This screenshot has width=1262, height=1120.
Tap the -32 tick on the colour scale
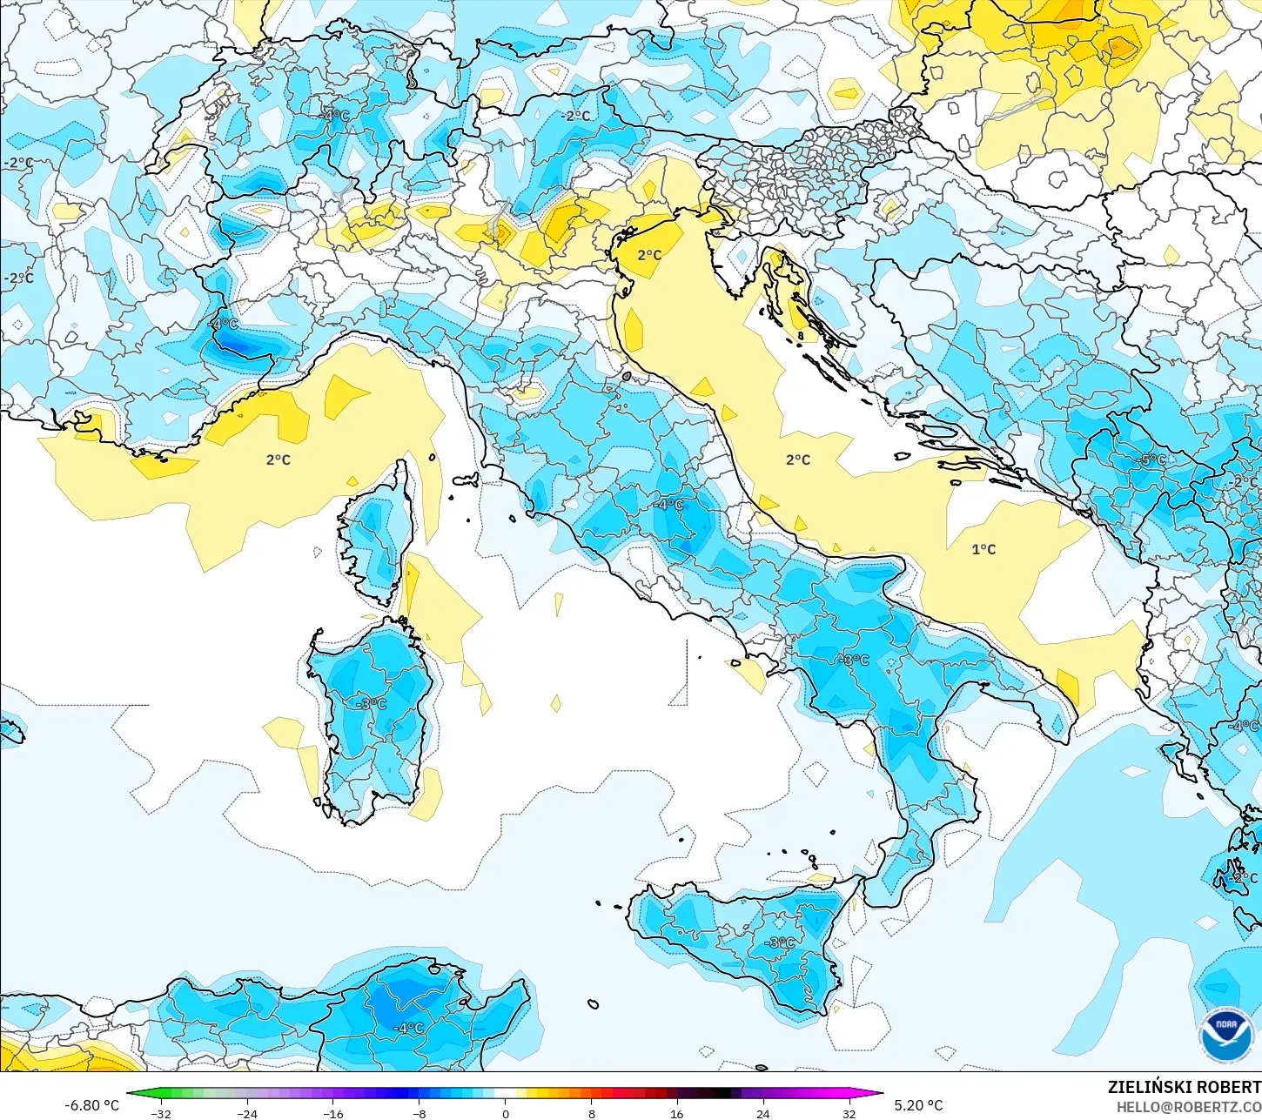coord(161,1113)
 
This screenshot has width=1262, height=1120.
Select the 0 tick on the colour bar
coord(505,1113)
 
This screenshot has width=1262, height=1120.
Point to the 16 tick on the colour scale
coord(676,1113)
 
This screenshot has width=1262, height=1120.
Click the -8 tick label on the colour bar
coord(420,1113)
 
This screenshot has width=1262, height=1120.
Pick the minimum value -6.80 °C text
coord(91,1105)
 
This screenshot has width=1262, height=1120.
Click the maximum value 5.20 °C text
coord(918,1105)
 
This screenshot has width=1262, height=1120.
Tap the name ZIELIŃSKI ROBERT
coord(1184,1087)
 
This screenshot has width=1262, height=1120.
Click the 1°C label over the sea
coord(983,549)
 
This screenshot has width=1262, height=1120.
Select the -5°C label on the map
coord(1152,459)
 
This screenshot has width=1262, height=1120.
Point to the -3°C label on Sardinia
coord(372,703)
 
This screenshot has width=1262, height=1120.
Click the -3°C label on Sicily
coord(780,942)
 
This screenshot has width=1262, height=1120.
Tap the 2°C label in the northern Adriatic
coord(649,255)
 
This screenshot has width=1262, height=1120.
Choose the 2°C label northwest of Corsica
coord(279,459)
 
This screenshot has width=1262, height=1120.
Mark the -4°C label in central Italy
coord(670,505)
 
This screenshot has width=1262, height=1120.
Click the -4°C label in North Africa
coord(408,1028)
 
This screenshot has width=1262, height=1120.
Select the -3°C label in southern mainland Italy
coord(854,660)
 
